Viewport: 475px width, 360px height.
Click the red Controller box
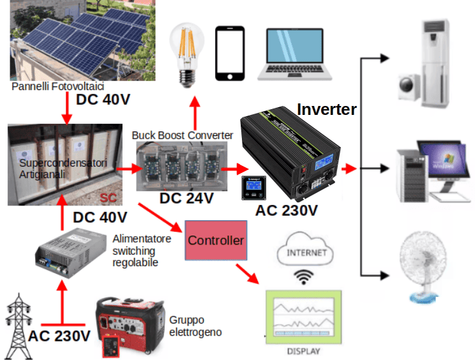216,240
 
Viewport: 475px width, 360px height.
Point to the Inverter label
327,109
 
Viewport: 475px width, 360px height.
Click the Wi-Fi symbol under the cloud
305,276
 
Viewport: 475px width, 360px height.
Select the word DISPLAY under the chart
304,351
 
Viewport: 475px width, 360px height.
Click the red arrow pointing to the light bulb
193,110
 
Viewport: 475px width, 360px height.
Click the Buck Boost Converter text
183,135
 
